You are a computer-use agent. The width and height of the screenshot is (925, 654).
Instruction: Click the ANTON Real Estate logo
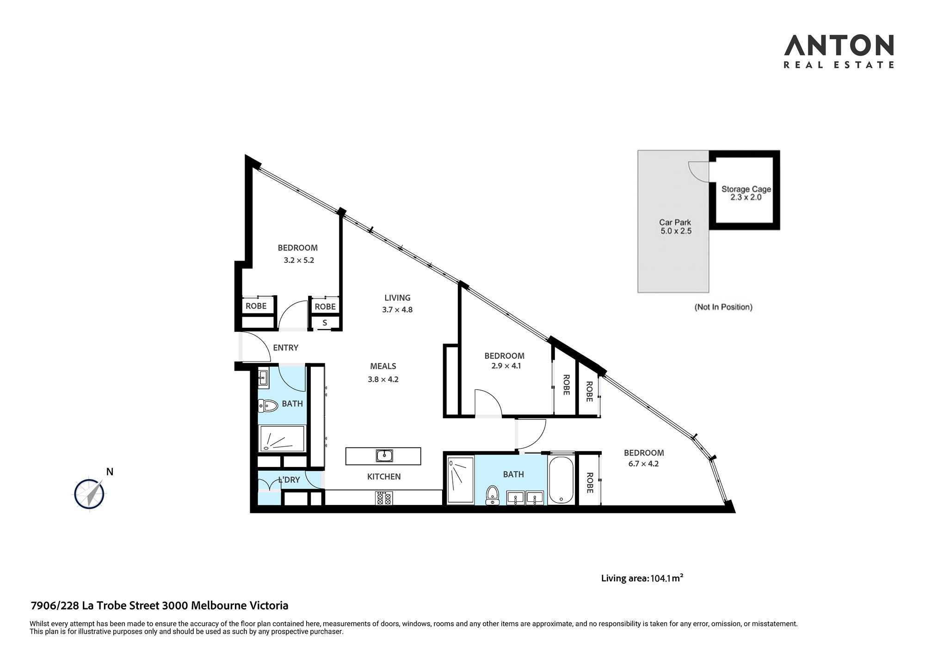tap(839, 52)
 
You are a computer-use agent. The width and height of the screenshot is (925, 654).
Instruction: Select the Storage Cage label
tap(746, 189)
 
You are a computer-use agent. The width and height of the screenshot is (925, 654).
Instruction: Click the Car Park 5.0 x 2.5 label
tap(675, 226)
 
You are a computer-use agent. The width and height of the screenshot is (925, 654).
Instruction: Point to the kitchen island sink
tap(384, 455)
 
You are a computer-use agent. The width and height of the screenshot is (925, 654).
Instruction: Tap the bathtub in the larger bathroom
tap(561, 480)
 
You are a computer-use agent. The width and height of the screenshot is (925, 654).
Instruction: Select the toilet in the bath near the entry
tap(268, 406)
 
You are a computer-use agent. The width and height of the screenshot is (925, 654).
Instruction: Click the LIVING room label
tap(397, 298)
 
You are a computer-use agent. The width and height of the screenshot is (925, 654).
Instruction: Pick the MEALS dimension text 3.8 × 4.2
tap(383, 379)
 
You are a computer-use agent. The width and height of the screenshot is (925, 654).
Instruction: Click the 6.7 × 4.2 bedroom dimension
tap(643, 463)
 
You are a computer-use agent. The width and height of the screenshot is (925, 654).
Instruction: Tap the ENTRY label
tap(285, 348)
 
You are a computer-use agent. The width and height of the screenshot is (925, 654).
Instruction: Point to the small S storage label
tap(325, 323)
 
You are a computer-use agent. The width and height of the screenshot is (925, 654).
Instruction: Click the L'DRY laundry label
tap(289, 480)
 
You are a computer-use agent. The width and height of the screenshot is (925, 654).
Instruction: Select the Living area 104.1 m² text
tap(642, 578)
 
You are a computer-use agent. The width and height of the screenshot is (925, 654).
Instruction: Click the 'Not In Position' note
tap(723, 307)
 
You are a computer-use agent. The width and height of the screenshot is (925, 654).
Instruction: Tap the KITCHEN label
tap(384, 476)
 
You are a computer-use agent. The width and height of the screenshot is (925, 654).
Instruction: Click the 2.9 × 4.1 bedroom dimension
tap(506, 366)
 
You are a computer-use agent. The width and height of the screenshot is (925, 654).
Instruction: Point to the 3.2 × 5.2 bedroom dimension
tap(299, 260)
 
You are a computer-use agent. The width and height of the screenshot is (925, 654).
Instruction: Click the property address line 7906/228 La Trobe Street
tap(159, 605)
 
